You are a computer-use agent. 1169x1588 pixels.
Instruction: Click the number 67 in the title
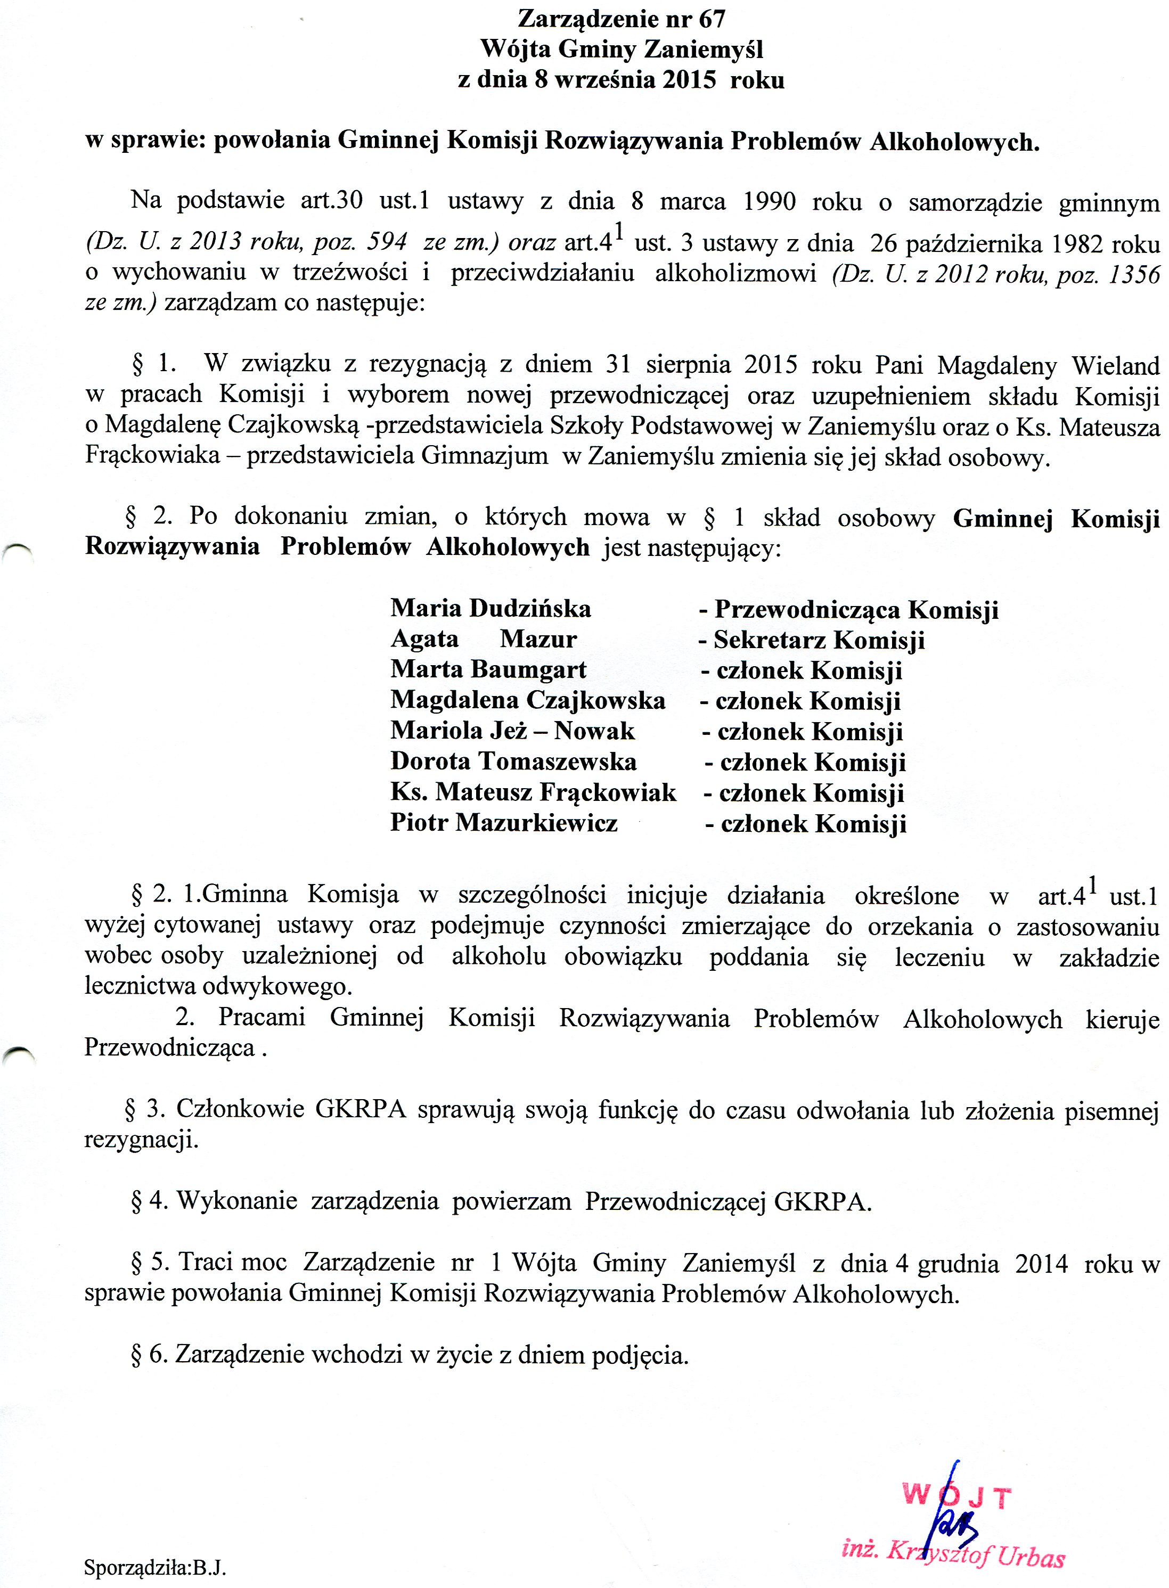[x=712, y=19]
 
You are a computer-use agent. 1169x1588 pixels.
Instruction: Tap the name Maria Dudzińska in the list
[x=491, y=609]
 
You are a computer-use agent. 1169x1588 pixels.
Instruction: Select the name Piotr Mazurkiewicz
[x=504, y=822]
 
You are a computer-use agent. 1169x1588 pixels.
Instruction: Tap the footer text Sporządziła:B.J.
[x=155, y=1567]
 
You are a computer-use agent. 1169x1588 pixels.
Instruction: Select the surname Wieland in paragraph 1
[x=1115, y=365]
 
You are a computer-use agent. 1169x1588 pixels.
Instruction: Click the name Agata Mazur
[x=483, y=639]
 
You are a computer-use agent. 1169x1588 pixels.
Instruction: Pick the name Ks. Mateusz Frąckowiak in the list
[x=533, y=792]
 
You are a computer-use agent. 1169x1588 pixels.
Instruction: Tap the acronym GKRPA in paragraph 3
[x=360, y=1109]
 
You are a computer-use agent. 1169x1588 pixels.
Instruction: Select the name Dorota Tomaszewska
[x=513, y=762]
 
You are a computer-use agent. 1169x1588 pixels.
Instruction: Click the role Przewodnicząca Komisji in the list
[x=856, y=609]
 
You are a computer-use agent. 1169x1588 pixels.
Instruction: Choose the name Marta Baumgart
[x=488, y=669]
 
